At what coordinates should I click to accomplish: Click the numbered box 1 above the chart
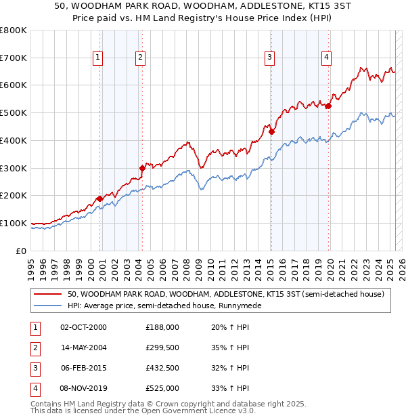click(x=98, y=58)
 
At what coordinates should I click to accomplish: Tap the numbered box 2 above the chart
click(x=140, y=58)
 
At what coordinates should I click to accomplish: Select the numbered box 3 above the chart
click(x=269, y=58)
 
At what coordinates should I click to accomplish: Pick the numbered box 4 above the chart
click(x=326, y=58)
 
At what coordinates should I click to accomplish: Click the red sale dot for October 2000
click(x=99, y=198)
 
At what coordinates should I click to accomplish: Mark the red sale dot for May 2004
click(x=142, y=168)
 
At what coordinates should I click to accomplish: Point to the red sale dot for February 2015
click(x=271, y=131)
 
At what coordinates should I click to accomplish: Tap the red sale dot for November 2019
click(x=328, y=106)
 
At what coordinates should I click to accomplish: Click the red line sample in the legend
click(x=47, y=294)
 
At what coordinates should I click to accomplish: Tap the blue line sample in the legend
click(x=47, y=306)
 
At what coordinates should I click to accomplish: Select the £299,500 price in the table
click(x=162, y=348)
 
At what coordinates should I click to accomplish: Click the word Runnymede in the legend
click(x=238, y=306)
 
